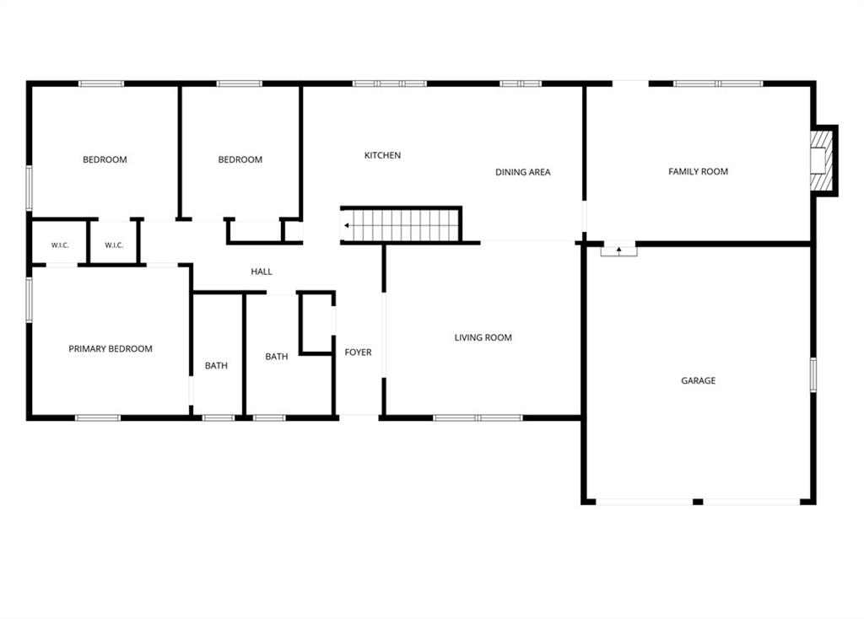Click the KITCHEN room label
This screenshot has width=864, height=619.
click(382, 155)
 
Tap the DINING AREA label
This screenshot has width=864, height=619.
click(522, 172)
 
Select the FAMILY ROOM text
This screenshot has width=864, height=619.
click(698, 172)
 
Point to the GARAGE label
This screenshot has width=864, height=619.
click(698, 380)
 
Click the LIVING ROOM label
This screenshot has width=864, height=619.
click(483, 337)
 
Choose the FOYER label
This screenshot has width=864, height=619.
click(358, 353)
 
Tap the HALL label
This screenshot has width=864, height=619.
click(262, 272)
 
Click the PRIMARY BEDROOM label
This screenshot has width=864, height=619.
click(111, 348)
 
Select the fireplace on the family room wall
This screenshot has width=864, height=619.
click(823, 160)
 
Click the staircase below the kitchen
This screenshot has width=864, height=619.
click(401, 224)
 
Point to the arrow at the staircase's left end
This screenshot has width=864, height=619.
click(347, 225)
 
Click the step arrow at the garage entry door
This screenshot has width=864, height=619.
click(618, 250)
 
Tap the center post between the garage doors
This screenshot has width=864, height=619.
click(698, 502)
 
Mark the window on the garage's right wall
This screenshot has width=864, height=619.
click(813, 374)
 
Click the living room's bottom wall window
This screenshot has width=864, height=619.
click(478, 418)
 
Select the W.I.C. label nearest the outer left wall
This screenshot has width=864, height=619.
click(60, 245)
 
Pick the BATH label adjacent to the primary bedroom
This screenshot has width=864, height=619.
click(216, 366)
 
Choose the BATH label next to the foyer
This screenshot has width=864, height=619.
click(277, 357)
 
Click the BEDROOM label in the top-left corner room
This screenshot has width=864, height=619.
click(105, 159)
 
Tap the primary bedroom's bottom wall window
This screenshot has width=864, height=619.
click(98, 418)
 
